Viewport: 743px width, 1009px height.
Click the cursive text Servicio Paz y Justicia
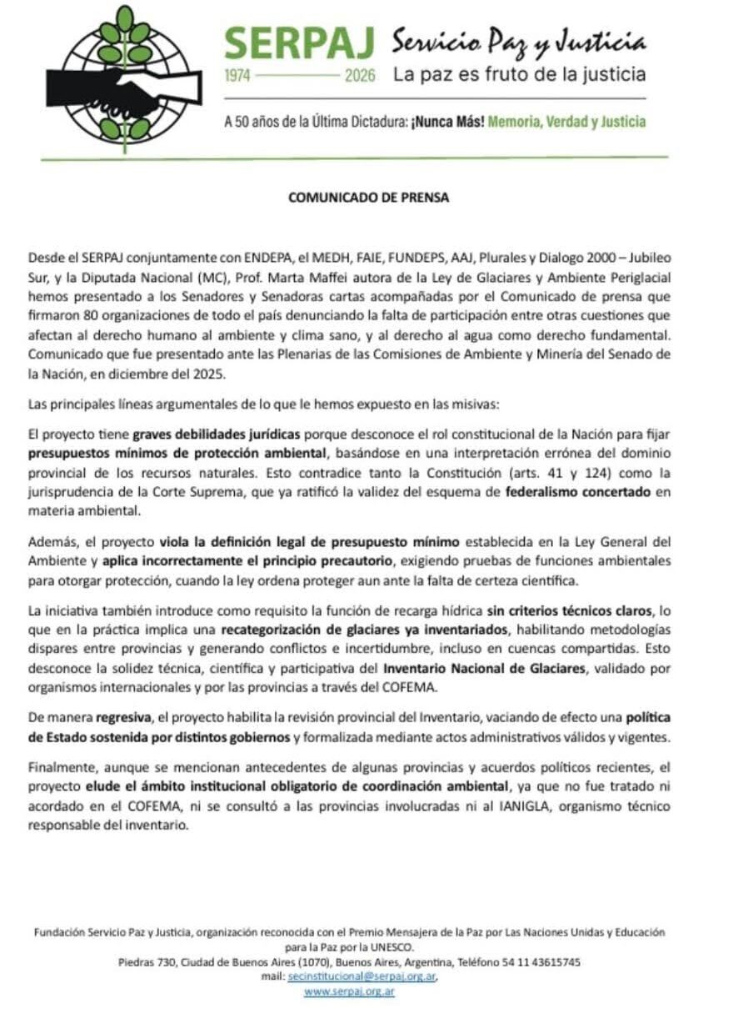tap(518, 40)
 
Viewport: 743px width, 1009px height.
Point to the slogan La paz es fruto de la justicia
tap(519, 75)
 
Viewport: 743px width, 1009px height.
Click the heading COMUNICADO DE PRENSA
tap(368, 198)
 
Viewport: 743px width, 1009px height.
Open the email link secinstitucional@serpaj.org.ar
tap(362, 975)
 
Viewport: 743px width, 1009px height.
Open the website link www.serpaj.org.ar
tap(349, 991)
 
